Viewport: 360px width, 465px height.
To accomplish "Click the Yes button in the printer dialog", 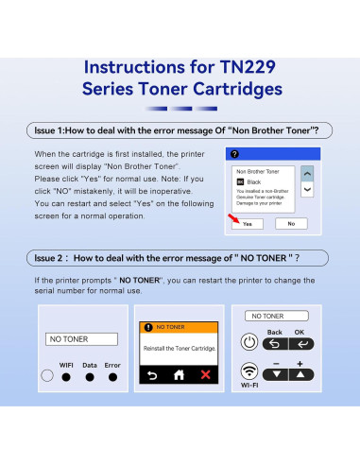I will click(247, 224).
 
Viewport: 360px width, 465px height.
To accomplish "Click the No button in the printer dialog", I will click(291, 224).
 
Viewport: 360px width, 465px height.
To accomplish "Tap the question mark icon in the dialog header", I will click(233, 153).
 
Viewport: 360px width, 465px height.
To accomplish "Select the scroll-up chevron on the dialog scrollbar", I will click(306, 175).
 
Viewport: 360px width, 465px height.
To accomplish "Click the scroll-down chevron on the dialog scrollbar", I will click(306, 189).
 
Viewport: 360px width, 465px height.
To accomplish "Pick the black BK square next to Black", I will click(240, 181).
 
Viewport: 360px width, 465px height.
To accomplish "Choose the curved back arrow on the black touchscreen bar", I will click(149, 374).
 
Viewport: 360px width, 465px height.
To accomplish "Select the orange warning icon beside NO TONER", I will click(147, 326).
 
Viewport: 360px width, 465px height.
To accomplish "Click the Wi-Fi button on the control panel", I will click(250, 371).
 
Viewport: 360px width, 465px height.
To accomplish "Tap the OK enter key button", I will click(300, 344).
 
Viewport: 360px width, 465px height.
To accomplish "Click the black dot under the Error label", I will click(112, 376).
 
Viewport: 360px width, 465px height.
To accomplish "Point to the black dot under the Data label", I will click(90, 376).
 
